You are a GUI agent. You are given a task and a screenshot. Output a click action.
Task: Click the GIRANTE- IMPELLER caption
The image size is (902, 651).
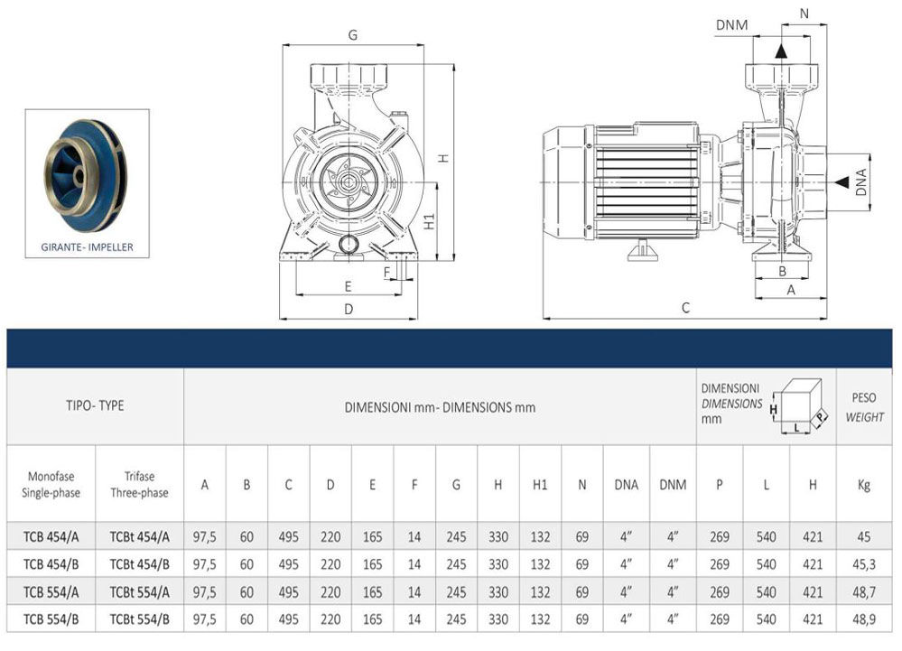pyautogui.click(x=88, y=246)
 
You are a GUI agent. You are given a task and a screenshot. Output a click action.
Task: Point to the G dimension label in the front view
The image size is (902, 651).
pyautogui.click(x=353, y=35)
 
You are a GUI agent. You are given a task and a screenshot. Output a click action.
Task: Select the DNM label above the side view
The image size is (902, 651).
pyautogui.click(x=731, y=24)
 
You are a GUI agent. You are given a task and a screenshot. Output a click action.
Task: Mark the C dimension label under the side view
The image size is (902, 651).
pyautogui.click(x=685, y=308)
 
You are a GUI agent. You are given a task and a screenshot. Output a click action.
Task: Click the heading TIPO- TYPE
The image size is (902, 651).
pyautogui.click(x=98, y=405)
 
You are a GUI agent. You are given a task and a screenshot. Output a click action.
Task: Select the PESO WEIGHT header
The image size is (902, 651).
pyautogui.click(x=864, y=406)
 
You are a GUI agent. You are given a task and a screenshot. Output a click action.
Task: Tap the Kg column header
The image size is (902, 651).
pyautogui.click(x=864, y=485)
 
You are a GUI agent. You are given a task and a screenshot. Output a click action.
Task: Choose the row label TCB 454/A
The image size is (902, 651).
pyautogui.click(x=51, y=537)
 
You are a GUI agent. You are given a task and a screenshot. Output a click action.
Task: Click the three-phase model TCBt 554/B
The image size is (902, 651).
pyautogui.click(x=139, y=620)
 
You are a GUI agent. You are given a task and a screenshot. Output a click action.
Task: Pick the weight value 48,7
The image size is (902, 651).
pyautogui.click(x=864, y=592)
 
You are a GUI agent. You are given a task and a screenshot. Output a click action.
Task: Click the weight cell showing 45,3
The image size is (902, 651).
pyautogui.click(x=864, y=564)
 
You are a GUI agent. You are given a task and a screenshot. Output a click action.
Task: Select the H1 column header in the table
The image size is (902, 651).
pyautogui.click(x=540, y=485)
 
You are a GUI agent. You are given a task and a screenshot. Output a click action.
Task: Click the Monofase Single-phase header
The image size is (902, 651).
pyautogui.click(x=51, y=485)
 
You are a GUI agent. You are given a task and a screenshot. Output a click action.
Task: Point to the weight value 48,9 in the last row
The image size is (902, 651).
pyautogui.click(x=864, y=620)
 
